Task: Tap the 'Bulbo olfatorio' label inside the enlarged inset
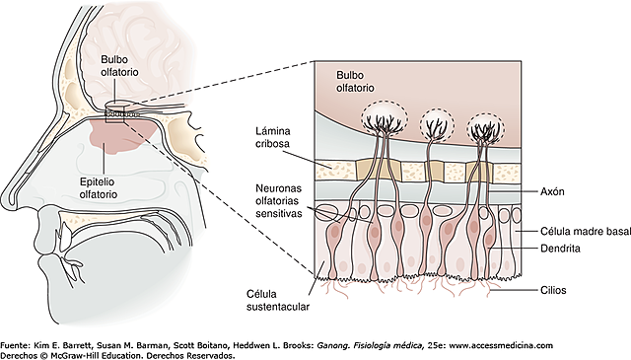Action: [x=356, y=81]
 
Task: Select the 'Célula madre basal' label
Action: [x=572, y=231]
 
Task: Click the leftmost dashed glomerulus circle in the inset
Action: [x=381, y=123]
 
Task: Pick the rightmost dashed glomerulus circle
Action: [x=483, y=125]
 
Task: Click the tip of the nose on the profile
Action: [x=7, y=188]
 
